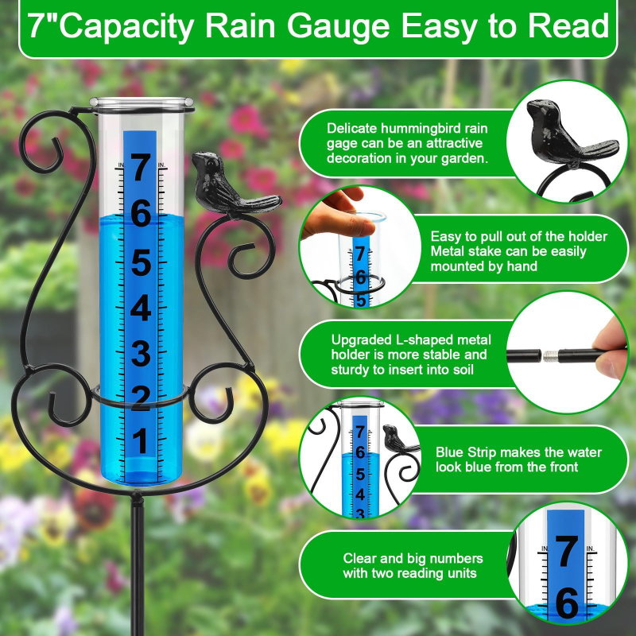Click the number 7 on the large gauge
pyautogui.click(x=142, y=168)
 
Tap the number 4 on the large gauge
pyautogui.click(x=141, y=308)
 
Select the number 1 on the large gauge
pyautogui.click(x=141, y=441)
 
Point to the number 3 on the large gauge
pyautogui.click(x=141, y=354)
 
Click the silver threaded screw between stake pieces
pyautogui.click(x=549, y=355)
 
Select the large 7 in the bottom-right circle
pyautogui.click(x=566, y=552)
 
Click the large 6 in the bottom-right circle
pyautogui.click(x=567, y=604)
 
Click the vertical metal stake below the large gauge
pyautogui.click(x=138, y=564)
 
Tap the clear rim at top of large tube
pyautogui.click(x=142, y=103)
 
